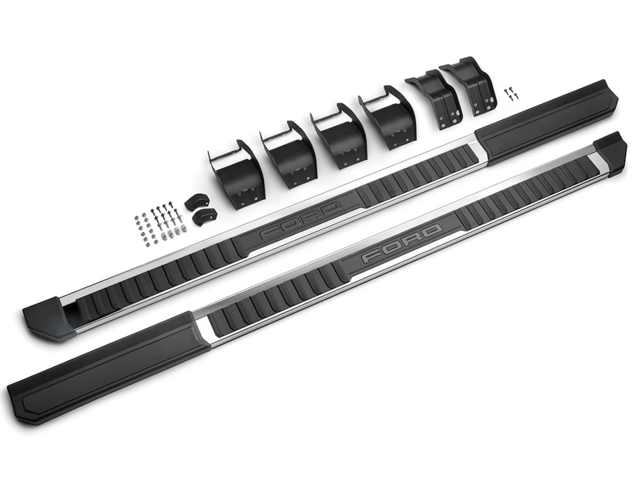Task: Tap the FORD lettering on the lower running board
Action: coord(402,244)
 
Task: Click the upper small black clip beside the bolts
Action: coord(194,203)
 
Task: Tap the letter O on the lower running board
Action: coord(392,248)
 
